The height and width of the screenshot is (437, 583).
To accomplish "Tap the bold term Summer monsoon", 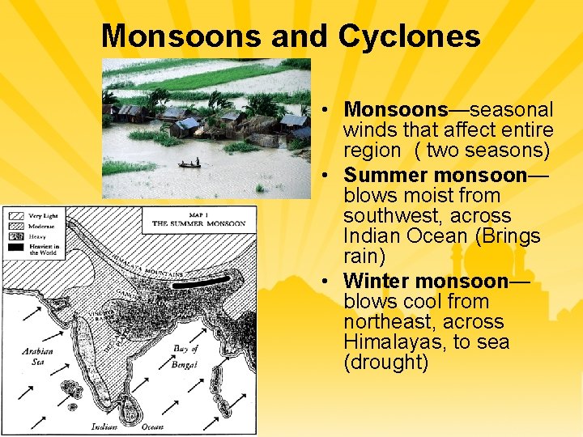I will click(x=436, y=175).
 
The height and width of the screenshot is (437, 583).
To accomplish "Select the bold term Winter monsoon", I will click(x=426, y=281).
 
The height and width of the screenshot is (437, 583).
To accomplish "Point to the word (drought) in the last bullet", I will click(x=385, y=362).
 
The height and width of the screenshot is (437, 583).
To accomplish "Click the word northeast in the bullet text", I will click(x=383, y=321).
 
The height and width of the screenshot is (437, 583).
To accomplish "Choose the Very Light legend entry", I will click(x=40, y=216).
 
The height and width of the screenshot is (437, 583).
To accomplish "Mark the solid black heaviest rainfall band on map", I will click(x=202, y=284).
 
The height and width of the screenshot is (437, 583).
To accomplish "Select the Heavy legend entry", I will click(x=36, y=237).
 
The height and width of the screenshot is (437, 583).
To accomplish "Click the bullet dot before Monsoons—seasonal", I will click(x=322, y=109).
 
